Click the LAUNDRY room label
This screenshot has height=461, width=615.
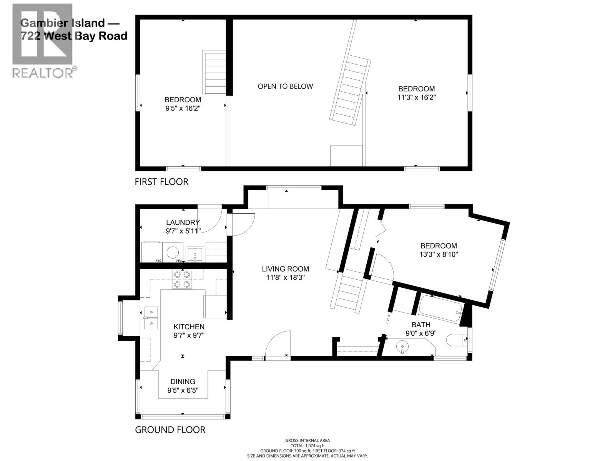[x=183, y=222]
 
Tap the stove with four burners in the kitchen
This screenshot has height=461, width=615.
[x=182, y=279]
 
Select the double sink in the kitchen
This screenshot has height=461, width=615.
[x=151, y=318]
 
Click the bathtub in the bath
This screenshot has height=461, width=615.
[x=441, y=310]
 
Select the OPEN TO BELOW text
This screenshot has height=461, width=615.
[x=285, y=86]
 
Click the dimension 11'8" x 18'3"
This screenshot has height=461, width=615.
[x=285, y=278]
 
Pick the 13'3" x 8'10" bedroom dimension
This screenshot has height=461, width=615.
[x=439, y=254]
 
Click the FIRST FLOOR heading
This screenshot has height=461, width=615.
[x=161, y=182]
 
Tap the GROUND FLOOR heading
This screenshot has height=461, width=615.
[x=170, y=430]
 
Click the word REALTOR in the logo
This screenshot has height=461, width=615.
[x=42, y=73]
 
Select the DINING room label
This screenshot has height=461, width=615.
[x=183, y=381]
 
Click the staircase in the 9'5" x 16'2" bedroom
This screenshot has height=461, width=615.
[x=215, y=73]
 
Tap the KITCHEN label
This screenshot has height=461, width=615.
[x=189, y=327]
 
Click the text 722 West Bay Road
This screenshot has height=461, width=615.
[x=74, y=36]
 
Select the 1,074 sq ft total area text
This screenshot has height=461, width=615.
[x=307, y=446]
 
